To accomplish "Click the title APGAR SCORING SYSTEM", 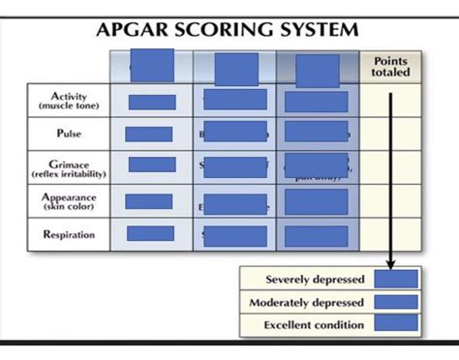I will (229, 29).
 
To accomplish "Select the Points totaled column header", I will (390, 69).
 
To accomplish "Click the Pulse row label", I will (69, 134).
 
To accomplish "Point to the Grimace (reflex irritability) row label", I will (68, 167).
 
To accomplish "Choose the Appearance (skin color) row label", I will (68, 201).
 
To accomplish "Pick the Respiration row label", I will (68, 234).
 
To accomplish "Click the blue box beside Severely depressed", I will (395, 280).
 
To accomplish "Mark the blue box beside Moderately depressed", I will (395, 302).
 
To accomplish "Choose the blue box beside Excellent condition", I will (395, 323).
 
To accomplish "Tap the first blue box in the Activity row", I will (151, 102).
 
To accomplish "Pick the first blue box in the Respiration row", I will (150, 233).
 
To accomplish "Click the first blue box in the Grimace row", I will (151, 165).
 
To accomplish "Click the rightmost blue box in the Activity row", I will (316, 102).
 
